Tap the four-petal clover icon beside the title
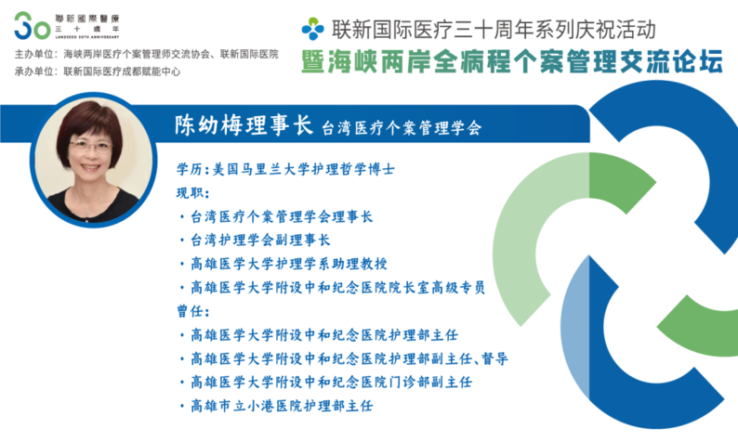pyautogui.click(x=313, y=29)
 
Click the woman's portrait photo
pyautogui.click(x=93, y=160)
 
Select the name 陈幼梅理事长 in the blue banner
pyautogui.click(x=244, y=125)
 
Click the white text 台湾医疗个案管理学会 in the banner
pyautogui.click(x=402, y=128)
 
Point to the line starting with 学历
pyautogui.click(x=285, y=169)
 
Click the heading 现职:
pyautogui.click(x=193, y=193)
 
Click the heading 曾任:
pyautogui.click(x=193, y=311)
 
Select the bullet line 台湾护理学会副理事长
pyautogui.click(x=255, y=240)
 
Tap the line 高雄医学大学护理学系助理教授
pyautogui.click(x=283, y=264)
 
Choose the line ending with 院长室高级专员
pyautogui.click(x=333, y=287)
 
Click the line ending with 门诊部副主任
pyautogui.click(x=325, y=383)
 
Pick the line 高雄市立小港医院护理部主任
pyautogui.click(x=276, y=406)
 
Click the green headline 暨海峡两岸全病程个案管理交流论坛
pyautogui.click(x=512, y=62)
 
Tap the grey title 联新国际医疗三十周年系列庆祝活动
pyautogui.click(x=494, y=29)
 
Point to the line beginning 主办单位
pyautogui.click(x=146, y=54)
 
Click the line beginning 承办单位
pyautogui.click(x=98, y=71)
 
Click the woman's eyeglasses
pyautogui.click(x=90, y=147)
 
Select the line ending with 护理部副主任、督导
pyautogui.click(x=344, y=358)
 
